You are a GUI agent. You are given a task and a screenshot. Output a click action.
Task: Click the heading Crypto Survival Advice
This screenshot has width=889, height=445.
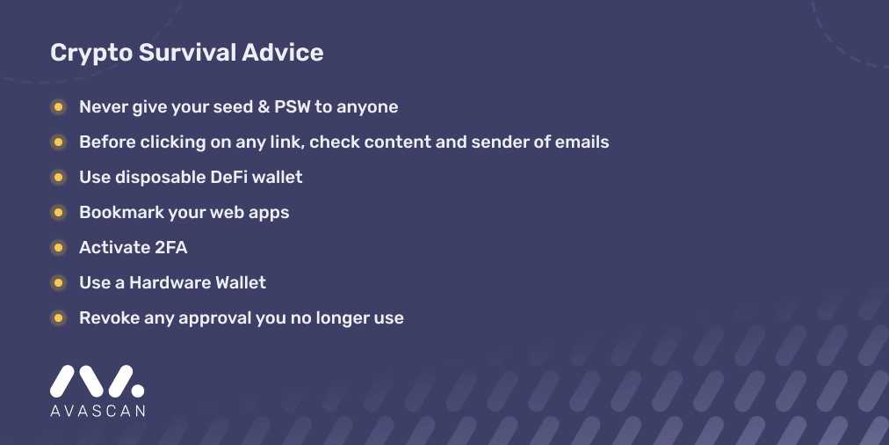pos(186,53)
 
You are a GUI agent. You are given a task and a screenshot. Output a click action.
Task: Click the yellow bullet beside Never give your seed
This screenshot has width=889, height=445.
pos(58,107)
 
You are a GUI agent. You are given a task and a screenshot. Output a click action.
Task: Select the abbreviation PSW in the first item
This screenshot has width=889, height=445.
pos(288,106)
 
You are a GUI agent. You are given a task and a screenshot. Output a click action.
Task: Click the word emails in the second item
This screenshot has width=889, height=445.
pos(581,142)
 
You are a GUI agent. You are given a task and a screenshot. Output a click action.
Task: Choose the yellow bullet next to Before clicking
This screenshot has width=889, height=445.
pos(58,142)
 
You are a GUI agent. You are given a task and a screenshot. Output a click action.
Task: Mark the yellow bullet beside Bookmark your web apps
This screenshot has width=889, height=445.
pos(58,213)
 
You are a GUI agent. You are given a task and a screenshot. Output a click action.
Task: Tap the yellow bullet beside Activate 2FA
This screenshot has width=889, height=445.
pos(58,248)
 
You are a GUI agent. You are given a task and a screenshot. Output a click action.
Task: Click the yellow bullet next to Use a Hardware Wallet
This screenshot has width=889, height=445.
pos(58,283)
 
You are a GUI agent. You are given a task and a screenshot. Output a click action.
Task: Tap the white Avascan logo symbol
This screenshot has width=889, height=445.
pos(97,381)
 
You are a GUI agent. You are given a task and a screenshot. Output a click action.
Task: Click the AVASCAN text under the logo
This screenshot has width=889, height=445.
pos(97,410)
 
